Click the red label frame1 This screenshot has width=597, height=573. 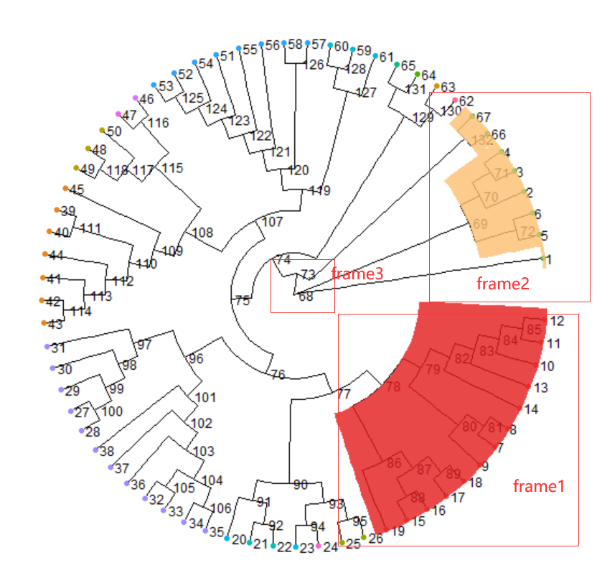[x=538, y=486]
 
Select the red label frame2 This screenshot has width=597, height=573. [x=502, y=283]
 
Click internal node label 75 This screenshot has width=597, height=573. [x=243, y=301]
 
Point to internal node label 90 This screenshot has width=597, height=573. [x=300, y=485]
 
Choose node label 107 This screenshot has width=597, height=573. [x=272, y=222]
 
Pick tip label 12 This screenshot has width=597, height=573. [x=557, y=320]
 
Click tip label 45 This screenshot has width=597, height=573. [x=77, y=190]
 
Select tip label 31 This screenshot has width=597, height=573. [x=58, y=348]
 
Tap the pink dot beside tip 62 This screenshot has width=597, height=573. [x=455, y=99]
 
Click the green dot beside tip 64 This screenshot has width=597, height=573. [x=418, y=75]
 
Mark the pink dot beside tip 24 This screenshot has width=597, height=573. [x=319, y=546]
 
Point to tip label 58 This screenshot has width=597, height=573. [x=295, y=45]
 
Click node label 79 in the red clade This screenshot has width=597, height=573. [x=433, y=370]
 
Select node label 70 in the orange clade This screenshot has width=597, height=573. [x=491, y=197]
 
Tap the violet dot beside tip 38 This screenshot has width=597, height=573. [x=95, y=449]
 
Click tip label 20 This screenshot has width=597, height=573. [x=240, y=539]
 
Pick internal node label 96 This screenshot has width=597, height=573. [x=196, y=358]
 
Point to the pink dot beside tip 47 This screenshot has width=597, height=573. [x=118, y=114]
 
